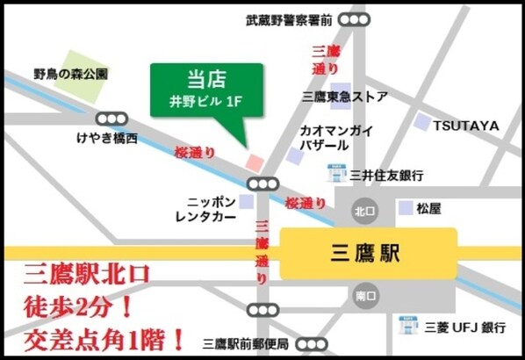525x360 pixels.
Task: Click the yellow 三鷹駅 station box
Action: tap(368, 255)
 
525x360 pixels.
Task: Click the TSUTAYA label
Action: tap(465, 126)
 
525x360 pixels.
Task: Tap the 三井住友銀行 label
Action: tap(386, 175)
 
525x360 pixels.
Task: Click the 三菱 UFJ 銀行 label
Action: tap(464, 328)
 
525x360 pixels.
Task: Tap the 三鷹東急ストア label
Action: tap(345, 97)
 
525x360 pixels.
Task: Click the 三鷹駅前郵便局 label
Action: tap(246, 342)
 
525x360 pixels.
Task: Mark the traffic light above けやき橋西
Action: tap(111, 118)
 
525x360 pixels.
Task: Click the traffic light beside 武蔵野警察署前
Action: tap(355, 19)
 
